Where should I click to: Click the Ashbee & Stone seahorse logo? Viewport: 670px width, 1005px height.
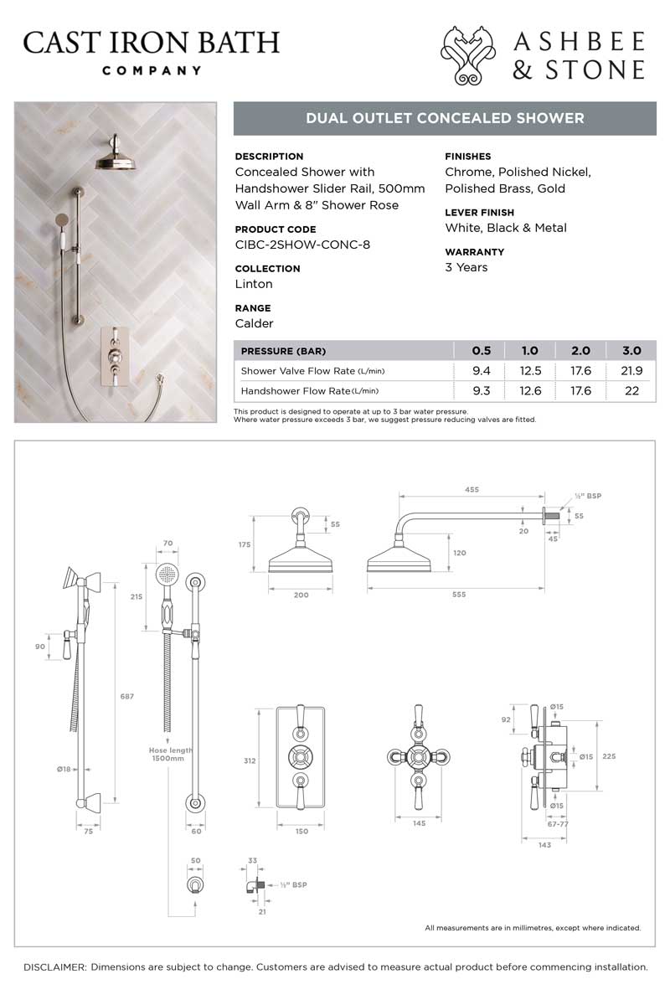[x=472, y=55]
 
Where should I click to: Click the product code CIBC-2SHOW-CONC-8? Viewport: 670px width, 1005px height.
[x=302, y=245]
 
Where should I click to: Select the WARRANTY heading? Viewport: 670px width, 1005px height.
[x=474, y=251]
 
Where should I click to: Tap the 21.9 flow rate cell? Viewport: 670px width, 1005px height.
[x=631, y=371]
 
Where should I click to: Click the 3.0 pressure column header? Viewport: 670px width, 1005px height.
[x=631, y=351]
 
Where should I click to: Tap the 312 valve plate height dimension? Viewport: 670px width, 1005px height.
[x=248, y=761]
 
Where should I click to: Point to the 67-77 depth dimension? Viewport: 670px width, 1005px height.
[x=555, y=823]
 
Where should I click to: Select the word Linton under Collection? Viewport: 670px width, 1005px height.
[x=254, y=284]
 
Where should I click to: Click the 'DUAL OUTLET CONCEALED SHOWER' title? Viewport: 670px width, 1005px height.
[x=445, y=118]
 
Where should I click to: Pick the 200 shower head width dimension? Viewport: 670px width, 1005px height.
[x=301, y=595]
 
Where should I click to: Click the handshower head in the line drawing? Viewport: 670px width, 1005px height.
[x=167, y=575]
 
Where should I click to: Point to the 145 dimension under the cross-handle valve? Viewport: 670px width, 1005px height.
[x=420, y=823]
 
